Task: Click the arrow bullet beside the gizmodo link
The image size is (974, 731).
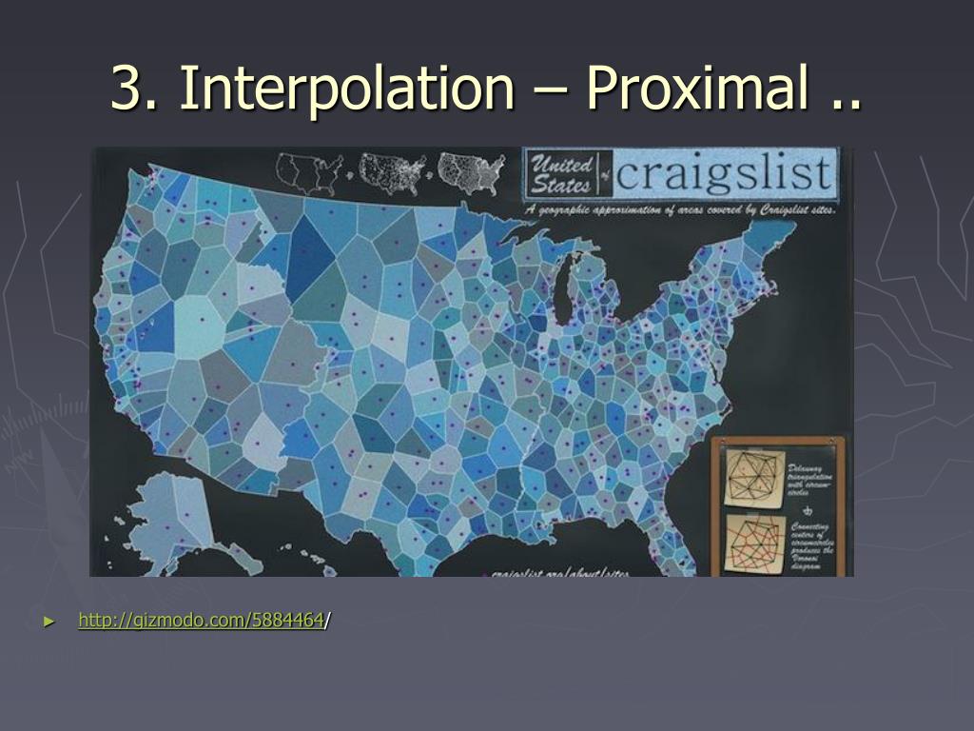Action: [49, 622]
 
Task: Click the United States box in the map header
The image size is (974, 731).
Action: [562, 172]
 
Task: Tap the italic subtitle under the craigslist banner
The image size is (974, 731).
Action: [680, 208]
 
